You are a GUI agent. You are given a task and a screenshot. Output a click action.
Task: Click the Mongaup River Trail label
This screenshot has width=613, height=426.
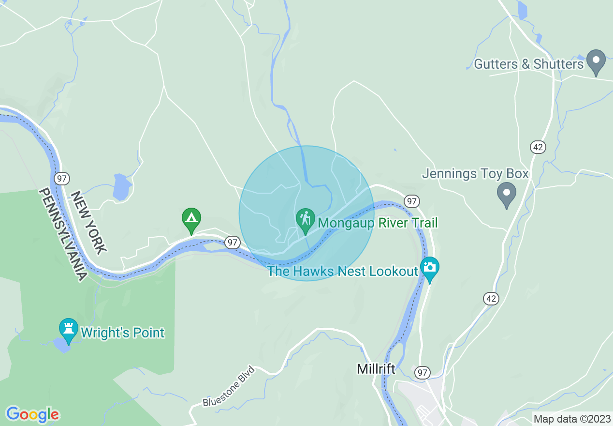pos(378,223)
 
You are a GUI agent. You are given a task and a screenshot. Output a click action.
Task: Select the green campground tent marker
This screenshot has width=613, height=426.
pos(191,219)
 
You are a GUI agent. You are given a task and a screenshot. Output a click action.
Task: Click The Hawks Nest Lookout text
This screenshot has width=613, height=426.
pos(342,271)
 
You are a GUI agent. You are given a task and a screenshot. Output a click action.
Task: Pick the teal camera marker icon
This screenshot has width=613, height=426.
pos(429,268)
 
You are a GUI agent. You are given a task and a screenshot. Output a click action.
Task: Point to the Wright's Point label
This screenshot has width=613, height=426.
pos(122,333)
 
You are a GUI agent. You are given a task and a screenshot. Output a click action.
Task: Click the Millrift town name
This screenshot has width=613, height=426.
pos(376,369)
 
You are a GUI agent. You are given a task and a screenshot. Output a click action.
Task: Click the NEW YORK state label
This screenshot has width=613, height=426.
pos(88,222)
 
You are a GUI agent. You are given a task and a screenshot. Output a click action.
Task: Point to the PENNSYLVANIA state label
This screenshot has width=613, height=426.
pos(62,235)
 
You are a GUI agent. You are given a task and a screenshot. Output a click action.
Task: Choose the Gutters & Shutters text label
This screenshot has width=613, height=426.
pos(529,64)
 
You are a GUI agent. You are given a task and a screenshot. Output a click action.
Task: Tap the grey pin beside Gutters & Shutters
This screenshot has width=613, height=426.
pos(596,61)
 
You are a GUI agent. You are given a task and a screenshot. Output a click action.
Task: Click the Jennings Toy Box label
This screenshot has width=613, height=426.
pos(475,173)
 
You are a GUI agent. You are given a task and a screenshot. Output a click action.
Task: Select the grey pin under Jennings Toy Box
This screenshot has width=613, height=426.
pos(507,193)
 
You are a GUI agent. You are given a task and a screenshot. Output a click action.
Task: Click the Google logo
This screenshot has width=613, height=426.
pos(32,414)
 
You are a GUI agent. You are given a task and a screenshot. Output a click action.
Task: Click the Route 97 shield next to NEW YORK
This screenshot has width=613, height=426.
pos(61,178)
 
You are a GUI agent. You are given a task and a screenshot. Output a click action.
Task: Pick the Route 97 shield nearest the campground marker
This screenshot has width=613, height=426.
pos(233,242)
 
